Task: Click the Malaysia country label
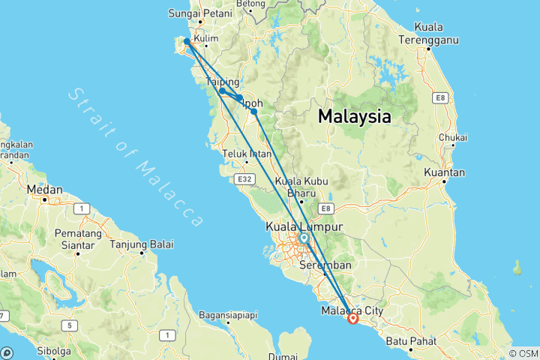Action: pos(354,117)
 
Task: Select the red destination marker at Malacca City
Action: pos(353,319)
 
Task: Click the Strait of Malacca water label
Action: pos(135,156)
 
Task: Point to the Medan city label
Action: pos(44,190)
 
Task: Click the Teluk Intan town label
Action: pos(246,154)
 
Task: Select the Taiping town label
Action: pos(222,81)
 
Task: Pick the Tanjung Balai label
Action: pos(142,244)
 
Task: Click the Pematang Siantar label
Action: pos(77,239)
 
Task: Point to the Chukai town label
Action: pos(453,137)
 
